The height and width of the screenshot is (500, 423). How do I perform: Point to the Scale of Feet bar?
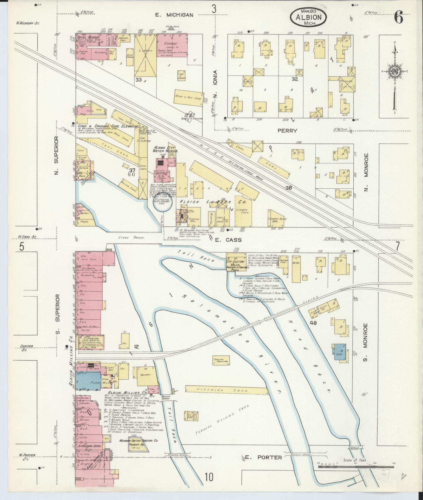point(356,285)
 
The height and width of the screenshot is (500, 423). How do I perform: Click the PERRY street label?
point(287,131)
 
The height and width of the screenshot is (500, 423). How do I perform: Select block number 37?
point(132,170)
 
